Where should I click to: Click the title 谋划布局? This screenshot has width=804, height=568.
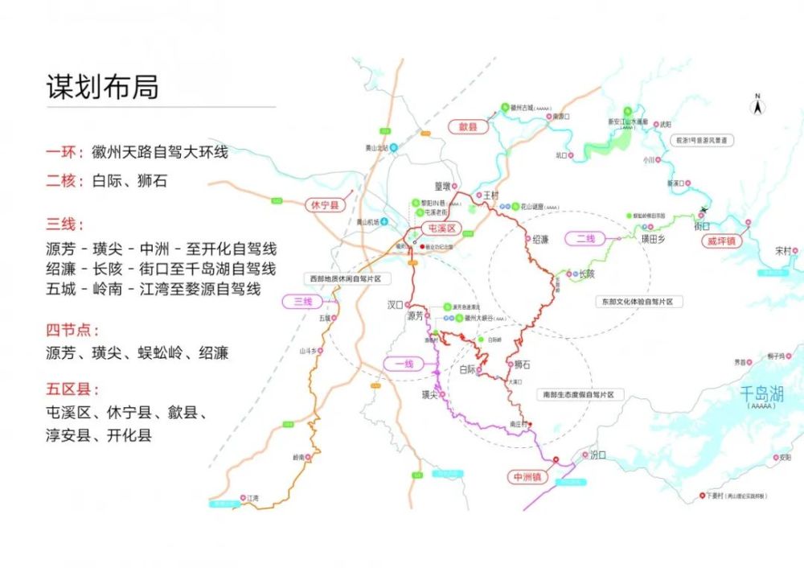(102, 87)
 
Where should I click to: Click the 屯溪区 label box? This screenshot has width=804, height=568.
(439, 229)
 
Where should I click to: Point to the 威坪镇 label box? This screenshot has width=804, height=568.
(722, 240)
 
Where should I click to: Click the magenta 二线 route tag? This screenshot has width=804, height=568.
(585, 238)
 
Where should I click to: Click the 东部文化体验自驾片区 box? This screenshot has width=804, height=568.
(640, 302)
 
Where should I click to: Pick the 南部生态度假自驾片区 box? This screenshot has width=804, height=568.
(576, 395)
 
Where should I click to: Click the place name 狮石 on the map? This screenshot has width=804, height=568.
(523, 364)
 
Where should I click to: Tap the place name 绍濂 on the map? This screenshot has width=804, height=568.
(540, 240)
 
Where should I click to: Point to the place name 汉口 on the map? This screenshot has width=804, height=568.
(394, 305)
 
